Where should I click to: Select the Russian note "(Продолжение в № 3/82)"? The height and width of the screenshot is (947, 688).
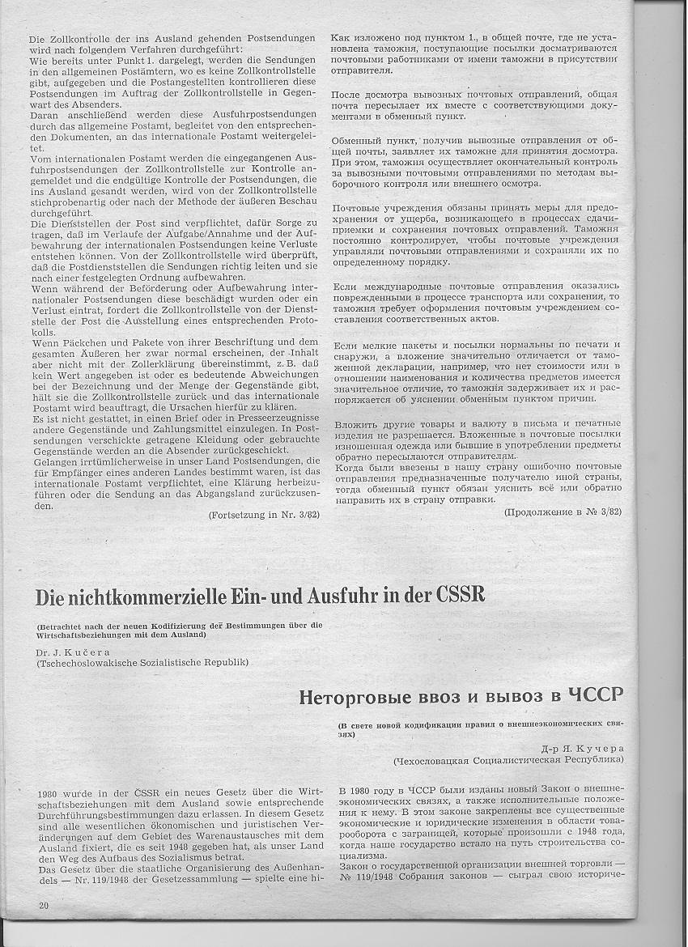coord(563,512)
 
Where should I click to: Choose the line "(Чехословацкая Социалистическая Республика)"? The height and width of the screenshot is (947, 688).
coord(508,761)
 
